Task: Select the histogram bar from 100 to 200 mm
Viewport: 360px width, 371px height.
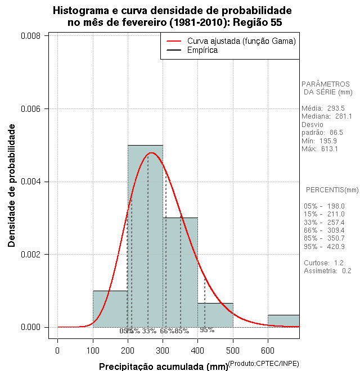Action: [x=110, y=309]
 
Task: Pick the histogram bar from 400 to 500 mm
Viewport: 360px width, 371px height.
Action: [x=215, y=315]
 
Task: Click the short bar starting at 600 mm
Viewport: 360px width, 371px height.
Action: [x=283, y=320]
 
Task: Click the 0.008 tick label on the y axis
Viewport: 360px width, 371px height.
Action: [x=30, y=36]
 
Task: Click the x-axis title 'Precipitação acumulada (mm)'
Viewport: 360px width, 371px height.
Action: [x=164, y=367]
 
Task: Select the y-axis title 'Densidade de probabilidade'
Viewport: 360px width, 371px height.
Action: [x=12, y=185]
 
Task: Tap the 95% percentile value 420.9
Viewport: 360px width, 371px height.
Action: [x=336, y=247]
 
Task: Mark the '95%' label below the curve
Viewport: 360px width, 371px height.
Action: [x=207, y=331]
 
